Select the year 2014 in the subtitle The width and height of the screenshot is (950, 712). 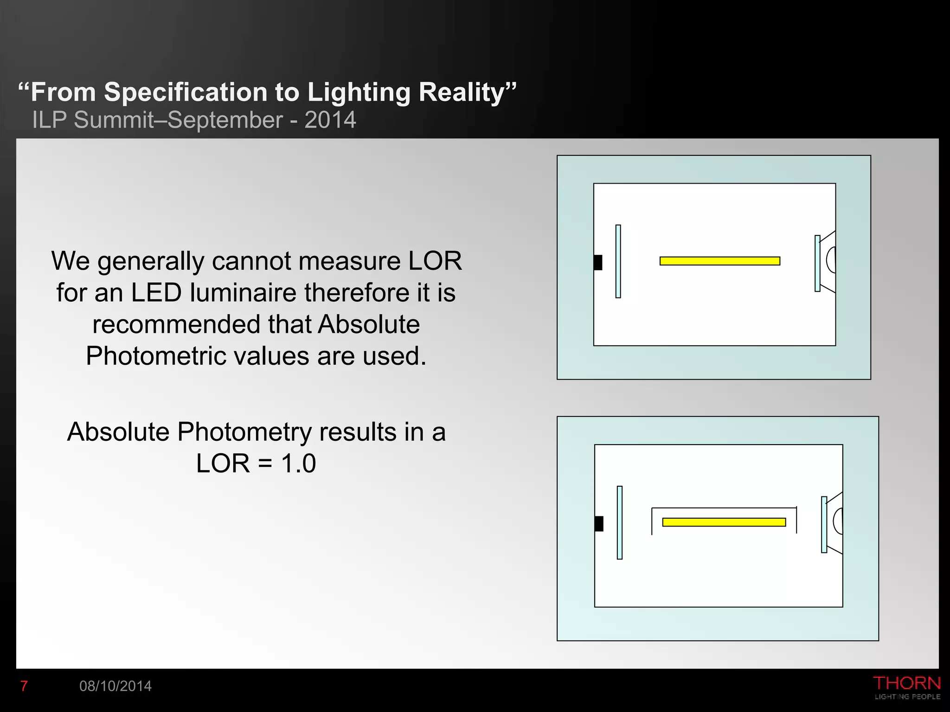[330, 120]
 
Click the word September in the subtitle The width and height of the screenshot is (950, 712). [225, 120]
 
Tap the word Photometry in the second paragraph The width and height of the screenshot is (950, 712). [245, 432]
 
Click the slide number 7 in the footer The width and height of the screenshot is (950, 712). [24, 686]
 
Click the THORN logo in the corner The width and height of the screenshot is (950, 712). [907, 687]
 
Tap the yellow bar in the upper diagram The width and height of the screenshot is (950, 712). [720, 261]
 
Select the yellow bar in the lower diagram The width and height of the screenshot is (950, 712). [724, 522]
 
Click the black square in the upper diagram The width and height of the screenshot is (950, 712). [598, 262]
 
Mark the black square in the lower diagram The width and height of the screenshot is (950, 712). [599, 524]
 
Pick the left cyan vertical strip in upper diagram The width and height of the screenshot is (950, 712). [618, 261]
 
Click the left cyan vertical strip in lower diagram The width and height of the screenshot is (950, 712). [620, 523]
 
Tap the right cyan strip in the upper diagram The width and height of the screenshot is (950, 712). [817, 264]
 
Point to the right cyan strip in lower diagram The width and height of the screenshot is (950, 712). [824, 525]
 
